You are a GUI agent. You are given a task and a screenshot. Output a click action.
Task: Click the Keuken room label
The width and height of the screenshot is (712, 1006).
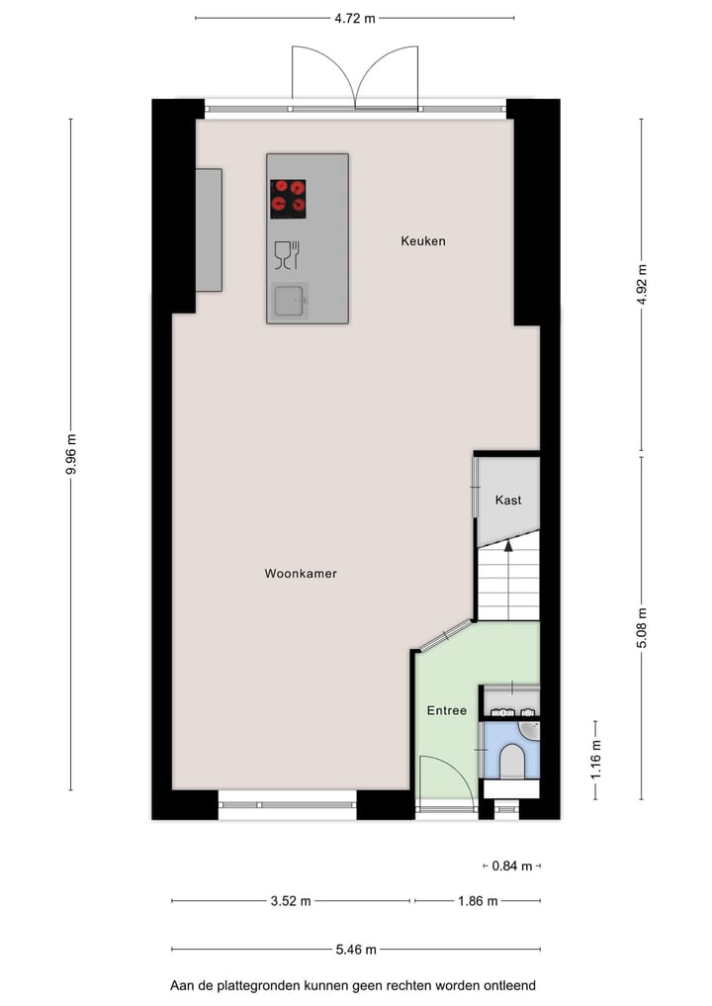point(422,240)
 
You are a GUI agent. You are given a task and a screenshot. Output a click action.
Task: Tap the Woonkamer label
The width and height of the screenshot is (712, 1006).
point(301,574)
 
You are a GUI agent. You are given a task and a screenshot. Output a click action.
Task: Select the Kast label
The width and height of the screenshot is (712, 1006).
point(508,501)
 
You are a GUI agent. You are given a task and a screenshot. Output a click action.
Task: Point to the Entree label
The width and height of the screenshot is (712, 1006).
point(446,710)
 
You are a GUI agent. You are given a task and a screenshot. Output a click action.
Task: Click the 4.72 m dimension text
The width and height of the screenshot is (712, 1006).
point(354,17)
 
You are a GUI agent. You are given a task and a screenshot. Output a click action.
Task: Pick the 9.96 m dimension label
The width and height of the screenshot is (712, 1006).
point(70,455)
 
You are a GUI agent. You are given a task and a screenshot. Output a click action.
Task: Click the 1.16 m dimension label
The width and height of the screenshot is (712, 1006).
point(595,760)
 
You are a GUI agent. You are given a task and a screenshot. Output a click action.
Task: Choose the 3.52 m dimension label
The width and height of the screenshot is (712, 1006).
point(291,901)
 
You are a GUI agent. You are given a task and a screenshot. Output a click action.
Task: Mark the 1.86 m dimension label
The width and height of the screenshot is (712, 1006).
point(477,901)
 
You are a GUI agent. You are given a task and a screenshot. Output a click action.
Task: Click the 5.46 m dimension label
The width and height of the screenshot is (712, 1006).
point(356,950)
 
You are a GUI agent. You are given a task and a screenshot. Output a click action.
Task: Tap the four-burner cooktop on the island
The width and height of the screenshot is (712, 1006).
point(289,199)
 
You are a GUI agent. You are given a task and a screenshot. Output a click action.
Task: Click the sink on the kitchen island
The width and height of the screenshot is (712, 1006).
point(290,301)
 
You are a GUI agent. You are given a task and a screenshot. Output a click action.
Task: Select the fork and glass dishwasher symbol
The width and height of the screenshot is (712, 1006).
point(287,254)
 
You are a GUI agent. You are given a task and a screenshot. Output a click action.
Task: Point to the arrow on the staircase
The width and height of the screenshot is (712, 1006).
point(508,543)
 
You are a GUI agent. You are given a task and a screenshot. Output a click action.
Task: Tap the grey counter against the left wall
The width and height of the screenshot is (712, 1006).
point(209,229)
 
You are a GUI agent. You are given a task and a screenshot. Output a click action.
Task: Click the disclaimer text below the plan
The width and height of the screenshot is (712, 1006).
point(353,985)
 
